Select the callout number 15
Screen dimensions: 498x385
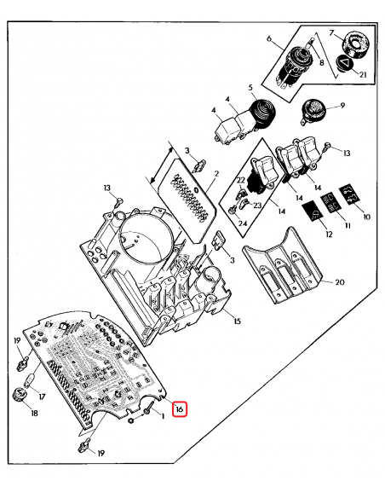(x=236, y=321)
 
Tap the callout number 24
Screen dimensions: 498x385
(x=243, y=223)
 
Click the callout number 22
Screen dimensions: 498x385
(x=242, y=181)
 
